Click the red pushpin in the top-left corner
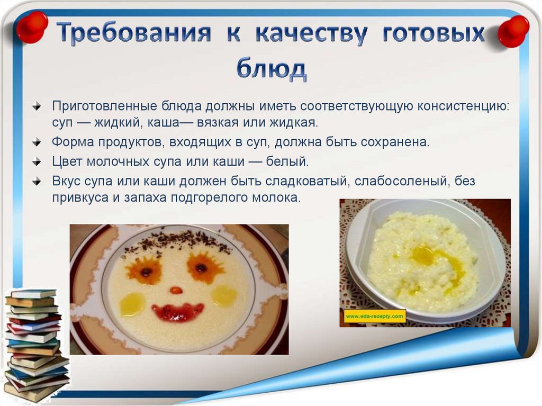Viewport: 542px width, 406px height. point(32,26)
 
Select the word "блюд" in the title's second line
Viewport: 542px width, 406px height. point(270,68)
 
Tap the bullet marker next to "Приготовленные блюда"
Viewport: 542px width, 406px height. point(37,106)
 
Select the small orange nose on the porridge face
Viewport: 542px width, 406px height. point(176,291)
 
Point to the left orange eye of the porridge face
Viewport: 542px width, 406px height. point(145,270)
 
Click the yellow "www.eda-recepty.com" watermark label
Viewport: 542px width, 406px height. point(375,317)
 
